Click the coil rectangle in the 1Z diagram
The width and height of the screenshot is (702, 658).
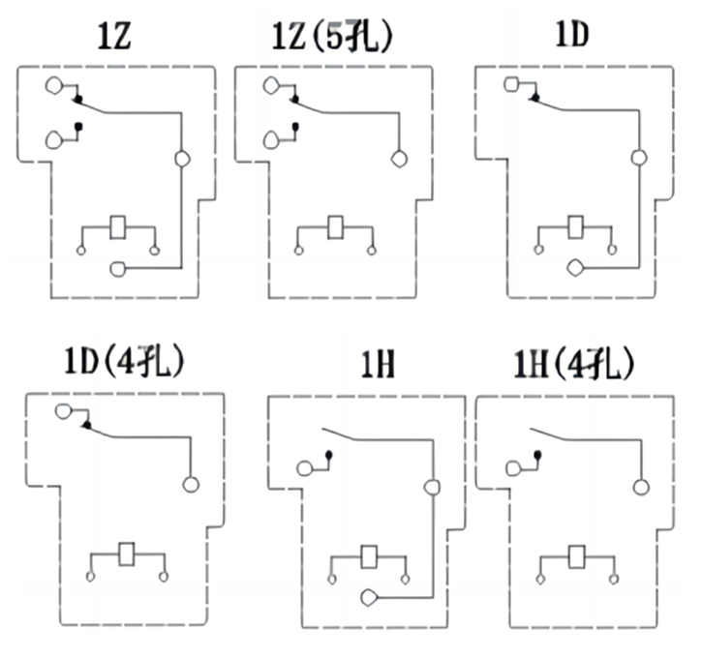[118, 227]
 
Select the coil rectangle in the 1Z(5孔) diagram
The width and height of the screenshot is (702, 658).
[336, 227]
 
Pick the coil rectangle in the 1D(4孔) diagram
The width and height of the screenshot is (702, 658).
[127, 554]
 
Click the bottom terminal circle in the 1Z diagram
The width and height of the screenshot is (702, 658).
[118, 267]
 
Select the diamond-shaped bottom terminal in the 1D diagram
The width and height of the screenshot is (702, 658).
[575, 266]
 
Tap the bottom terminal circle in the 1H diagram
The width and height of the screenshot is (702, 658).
[369, 598]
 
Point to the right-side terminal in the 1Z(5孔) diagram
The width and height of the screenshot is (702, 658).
[397, 160]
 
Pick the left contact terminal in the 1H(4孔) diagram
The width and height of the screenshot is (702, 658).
[514, 470]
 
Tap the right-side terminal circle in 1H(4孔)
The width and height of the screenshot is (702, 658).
[639, 486]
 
